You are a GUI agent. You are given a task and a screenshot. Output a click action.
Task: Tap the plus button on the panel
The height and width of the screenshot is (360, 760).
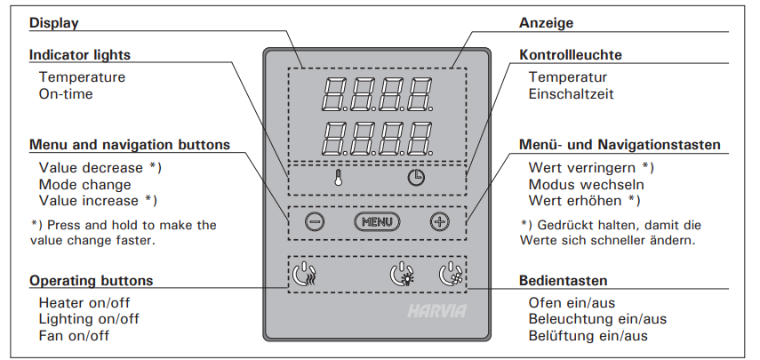pyautogui.click(x=439, y=221)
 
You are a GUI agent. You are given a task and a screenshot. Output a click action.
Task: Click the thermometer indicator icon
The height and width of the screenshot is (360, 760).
pyautogui.click(x=339, y=176)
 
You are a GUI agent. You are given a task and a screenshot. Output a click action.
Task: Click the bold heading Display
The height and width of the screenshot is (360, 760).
pyautogui.click(x=54, y=22)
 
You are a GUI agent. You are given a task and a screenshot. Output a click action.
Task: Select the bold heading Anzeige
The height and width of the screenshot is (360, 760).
pyautogui.click(x=546, y=22)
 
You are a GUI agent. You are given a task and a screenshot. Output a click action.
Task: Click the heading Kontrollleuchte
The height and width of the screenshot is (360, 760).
pyautogui.click(x=570, y=55)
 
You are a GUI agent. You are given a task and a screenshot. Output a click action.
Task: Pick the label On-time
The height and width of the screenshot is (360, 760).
pyautogui.click(x=66, y=93)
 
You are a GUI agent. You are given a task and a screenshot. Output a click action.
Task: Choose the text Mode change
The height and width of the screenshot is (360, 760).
pyautogui.click(x=84, y=185)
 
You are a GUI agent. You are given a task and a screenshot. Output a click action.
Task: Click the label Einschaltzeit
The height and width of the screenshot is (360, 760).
pyautogui.click(x=571, y=93)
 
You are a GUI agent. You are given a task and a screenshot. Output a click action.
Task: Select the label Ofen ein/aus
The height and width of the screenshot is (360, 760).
pyautogui.click(x=572, y=303)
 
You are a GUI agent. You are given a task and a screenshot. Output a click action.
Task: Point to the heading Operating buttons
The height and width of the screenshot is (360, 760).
pyautogui.click(x=91, y=281)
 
